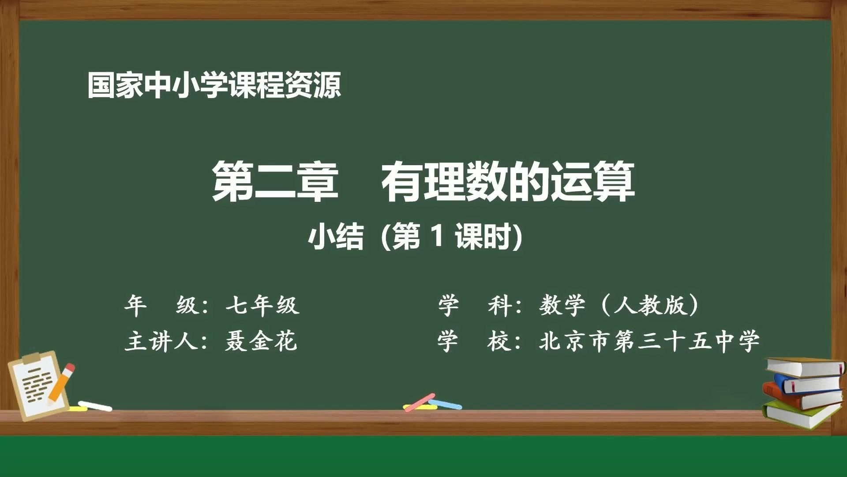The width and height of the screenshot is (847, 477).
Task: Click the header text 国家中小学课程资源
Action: click(x=214, y=85)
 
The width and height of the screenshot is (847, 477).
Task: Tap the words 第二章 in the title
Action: click(x=275, y=182)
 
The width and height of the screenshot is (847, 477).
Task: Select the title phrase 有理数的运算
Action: click(x=508, y=182)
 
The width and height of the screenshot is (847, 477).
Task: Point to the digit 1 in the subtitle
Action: click(x=437, y=236)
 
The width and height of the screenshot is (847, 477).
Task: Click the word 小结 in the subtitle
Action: click(x=336, y=237)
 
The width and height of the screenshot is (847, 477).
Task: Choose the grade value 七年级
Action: click(x=262, y=305)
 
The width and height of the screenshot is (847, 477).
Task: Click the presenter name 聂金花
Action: click(x=261, y=341)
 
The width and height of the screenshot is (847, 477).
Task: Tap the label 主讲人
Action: click(x=161, y=341)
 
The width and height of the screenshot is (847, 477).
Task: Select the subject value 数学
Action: click(x=562, y=305)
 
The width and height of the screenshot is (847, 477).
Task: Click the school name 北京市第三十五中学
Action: click(x=649, y=341)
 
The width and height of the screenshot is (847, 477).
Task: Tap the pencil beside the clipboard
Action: click(x=61, y=383)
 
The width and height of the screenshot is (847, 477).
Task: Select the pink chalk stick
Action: click(x=420, y=402)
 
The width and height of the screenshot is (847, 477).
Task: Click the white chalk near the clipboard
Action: click(x=95, y=406)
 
